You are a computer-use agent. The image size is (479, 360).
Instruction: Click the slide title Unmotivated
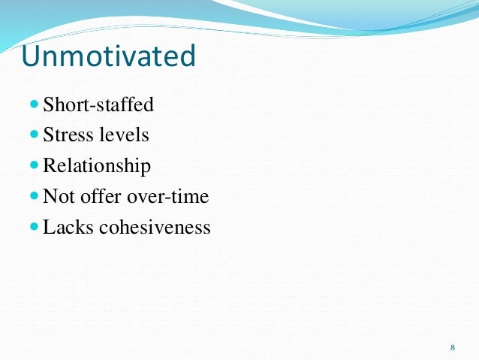pyautogui.click(x=108, y=56)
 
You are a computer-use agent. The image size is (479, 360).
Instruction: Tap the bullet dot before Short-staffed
pyautogui.click(x=35, y=105)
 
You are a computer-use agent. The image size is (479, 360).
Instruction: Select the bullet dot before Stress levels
pyautogui.click(x=35, y=136)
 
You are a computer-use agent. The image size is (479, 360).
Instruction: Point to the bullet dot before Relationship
pyautogui.click(x=35, y=166)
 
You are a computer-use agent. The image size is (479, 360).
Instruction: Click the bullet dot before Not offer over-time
pyautogui.click(x=35, y=197)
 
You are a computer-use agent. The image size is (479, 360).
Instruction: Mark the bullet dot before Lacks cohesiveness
pyautogui.click(x=35, y=227)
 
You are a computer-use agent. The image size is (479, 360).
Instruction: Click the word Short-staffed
pyautogui.click(x=98, y=105)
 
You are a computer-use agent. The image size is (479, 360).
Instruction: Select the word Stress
pyautogui.click(x=65, y=136)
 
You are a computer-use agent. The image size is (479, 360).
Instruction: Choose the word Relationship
pyautogui.click(x=97, y=166)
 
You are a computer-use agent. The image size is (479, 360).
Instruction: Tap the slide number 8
pyautogui.click(x=452, y=347)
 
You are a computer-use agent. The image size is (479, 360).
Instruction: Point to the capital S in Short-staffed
pyautogui.click(x=49, y=105)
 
